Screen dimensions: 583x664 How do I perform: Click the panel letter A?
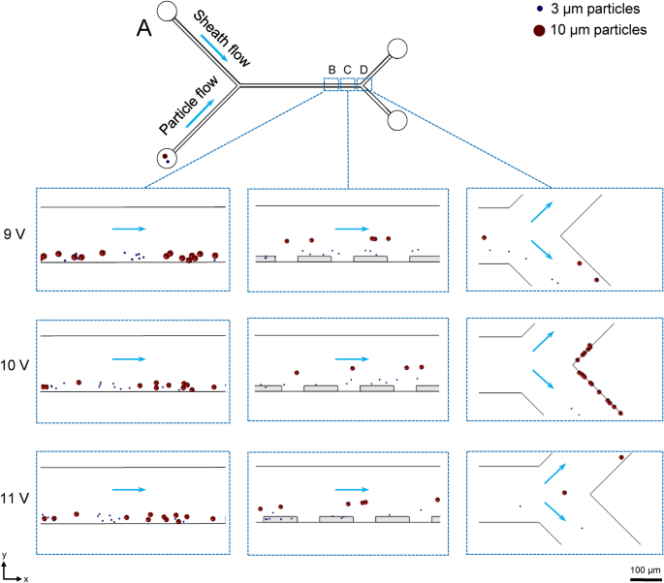[x=143, y=30]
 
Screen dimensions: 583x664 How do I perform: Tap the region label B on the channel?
[x=332, y=69]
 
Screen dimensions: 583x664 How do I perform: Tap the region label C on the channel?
[x=347, y=69]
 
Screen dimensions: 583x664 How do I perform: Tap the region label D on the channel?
[x=364, y=69]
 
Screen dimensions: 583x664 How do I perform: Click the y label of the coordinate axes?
[x=6, y=554]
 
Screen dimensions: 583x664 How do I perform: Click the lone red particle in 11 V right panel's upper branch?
[x=621, y=457]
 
